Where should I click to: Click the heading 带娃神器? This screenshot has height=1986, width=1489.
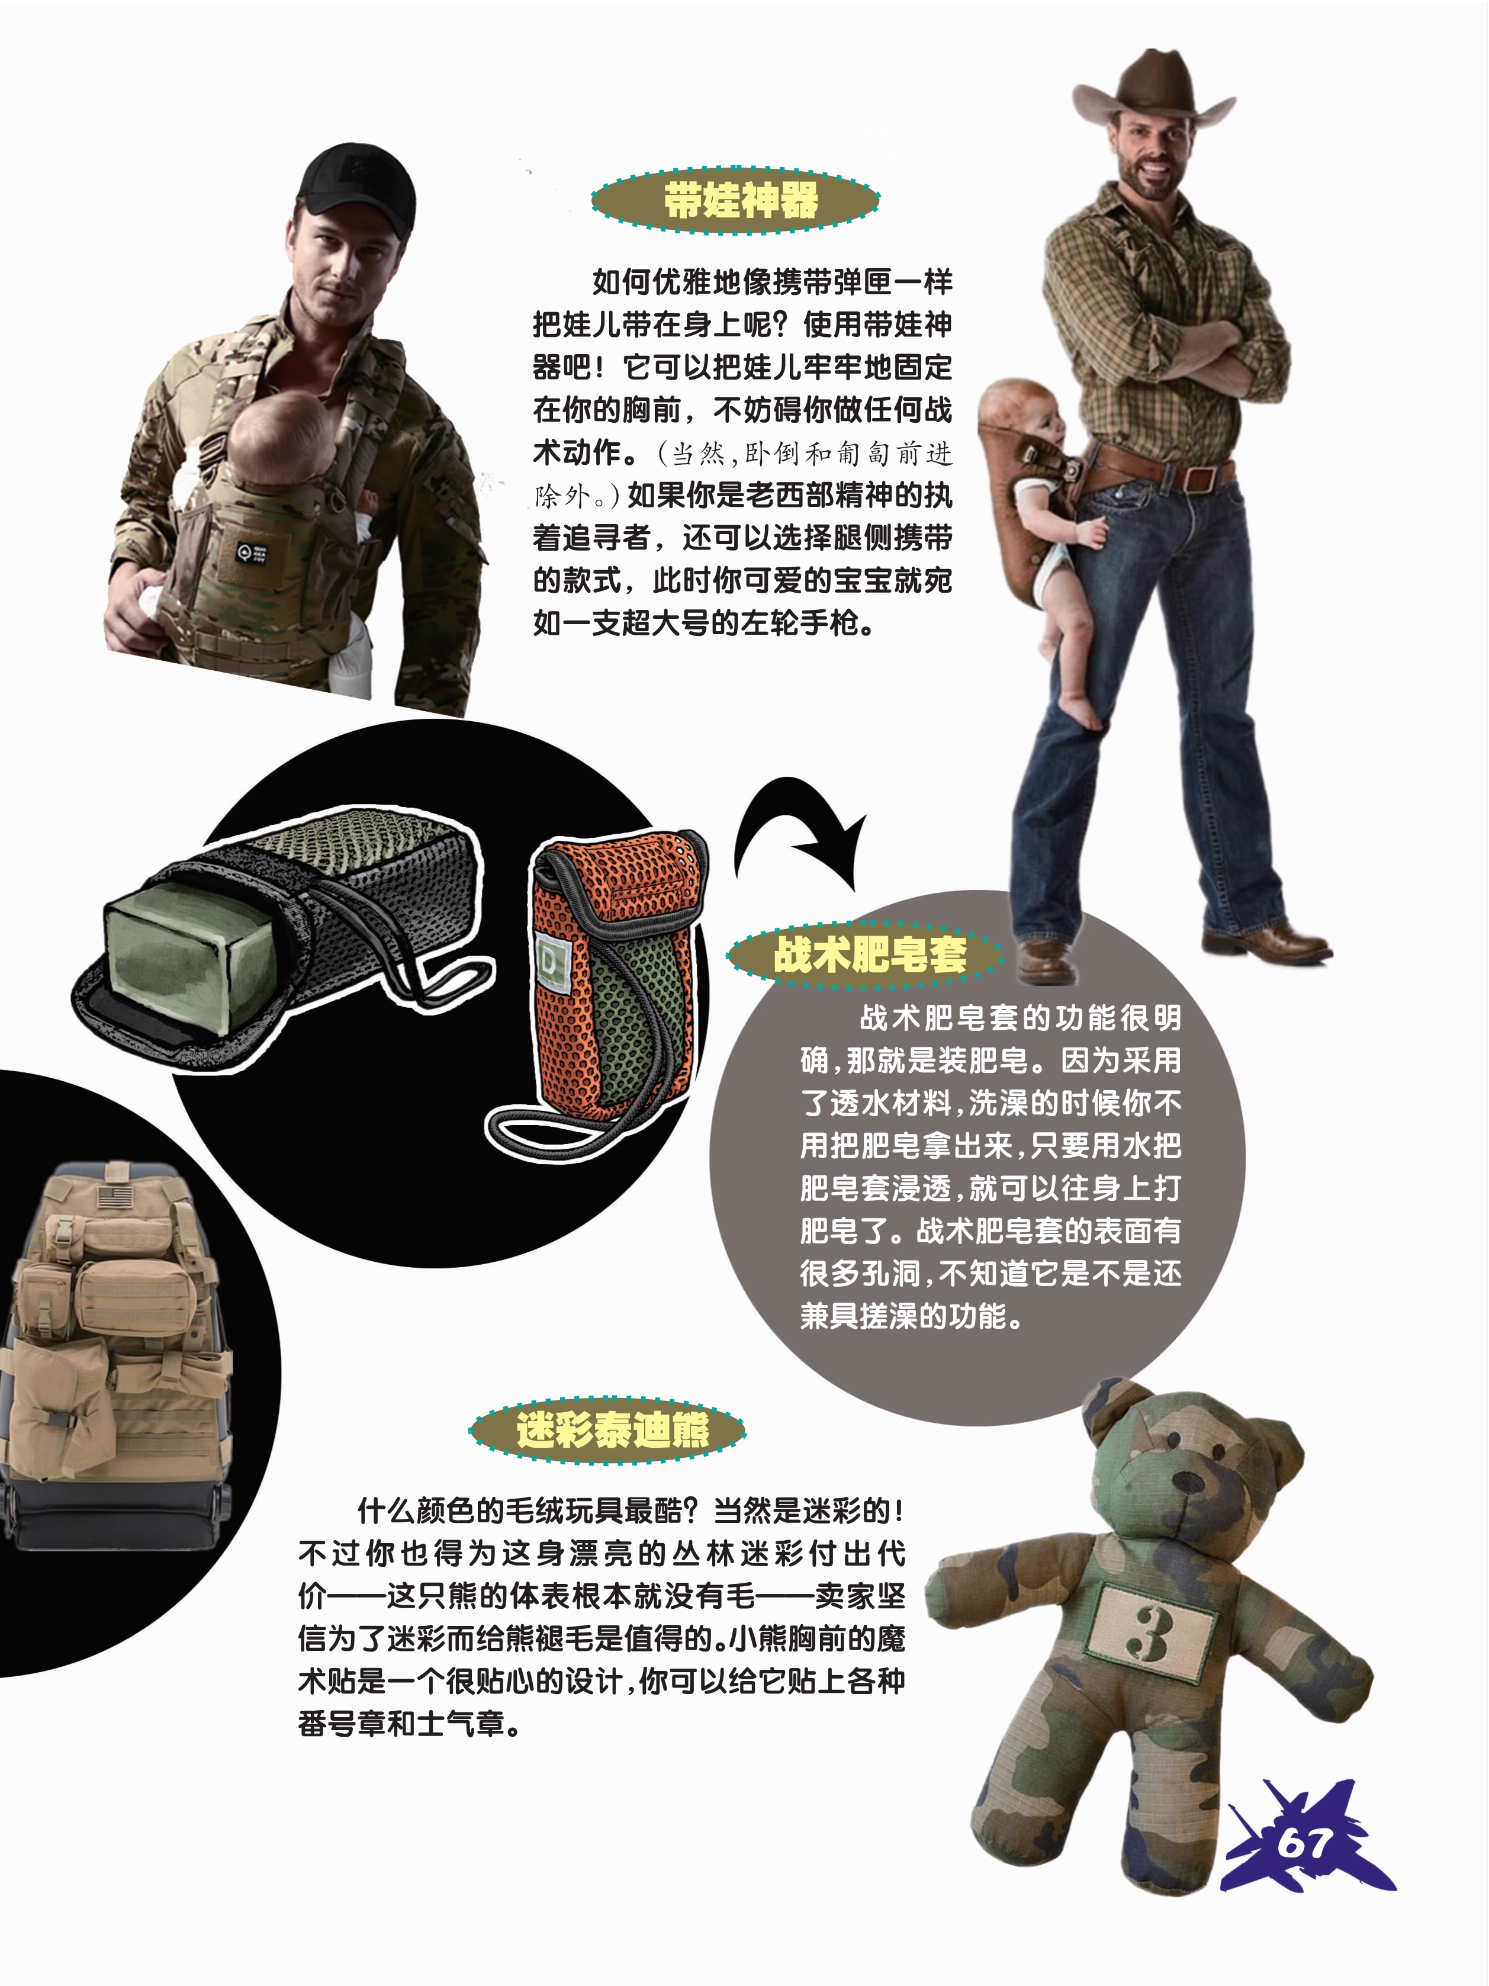(741, 200)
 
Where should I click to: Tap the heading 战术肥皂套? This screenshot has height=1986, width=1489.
(870, 953)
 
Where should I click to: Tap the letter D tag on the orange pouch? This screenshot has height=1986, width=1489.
(548, 962)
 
